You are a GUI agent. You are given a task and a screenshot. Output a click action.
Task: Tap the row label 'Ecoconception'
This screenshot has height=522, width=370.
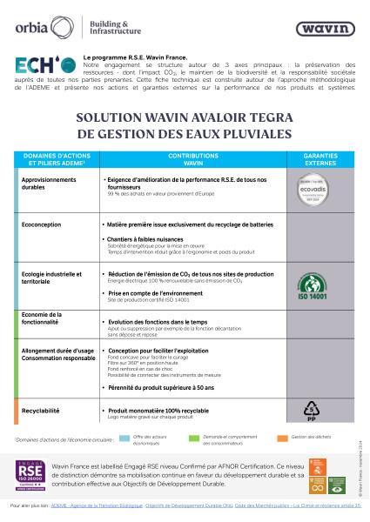[44, 224]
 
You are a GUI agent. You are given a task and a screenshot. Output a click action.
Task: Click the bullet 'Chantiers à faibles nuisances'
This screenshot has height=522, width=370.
[150, 240]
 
